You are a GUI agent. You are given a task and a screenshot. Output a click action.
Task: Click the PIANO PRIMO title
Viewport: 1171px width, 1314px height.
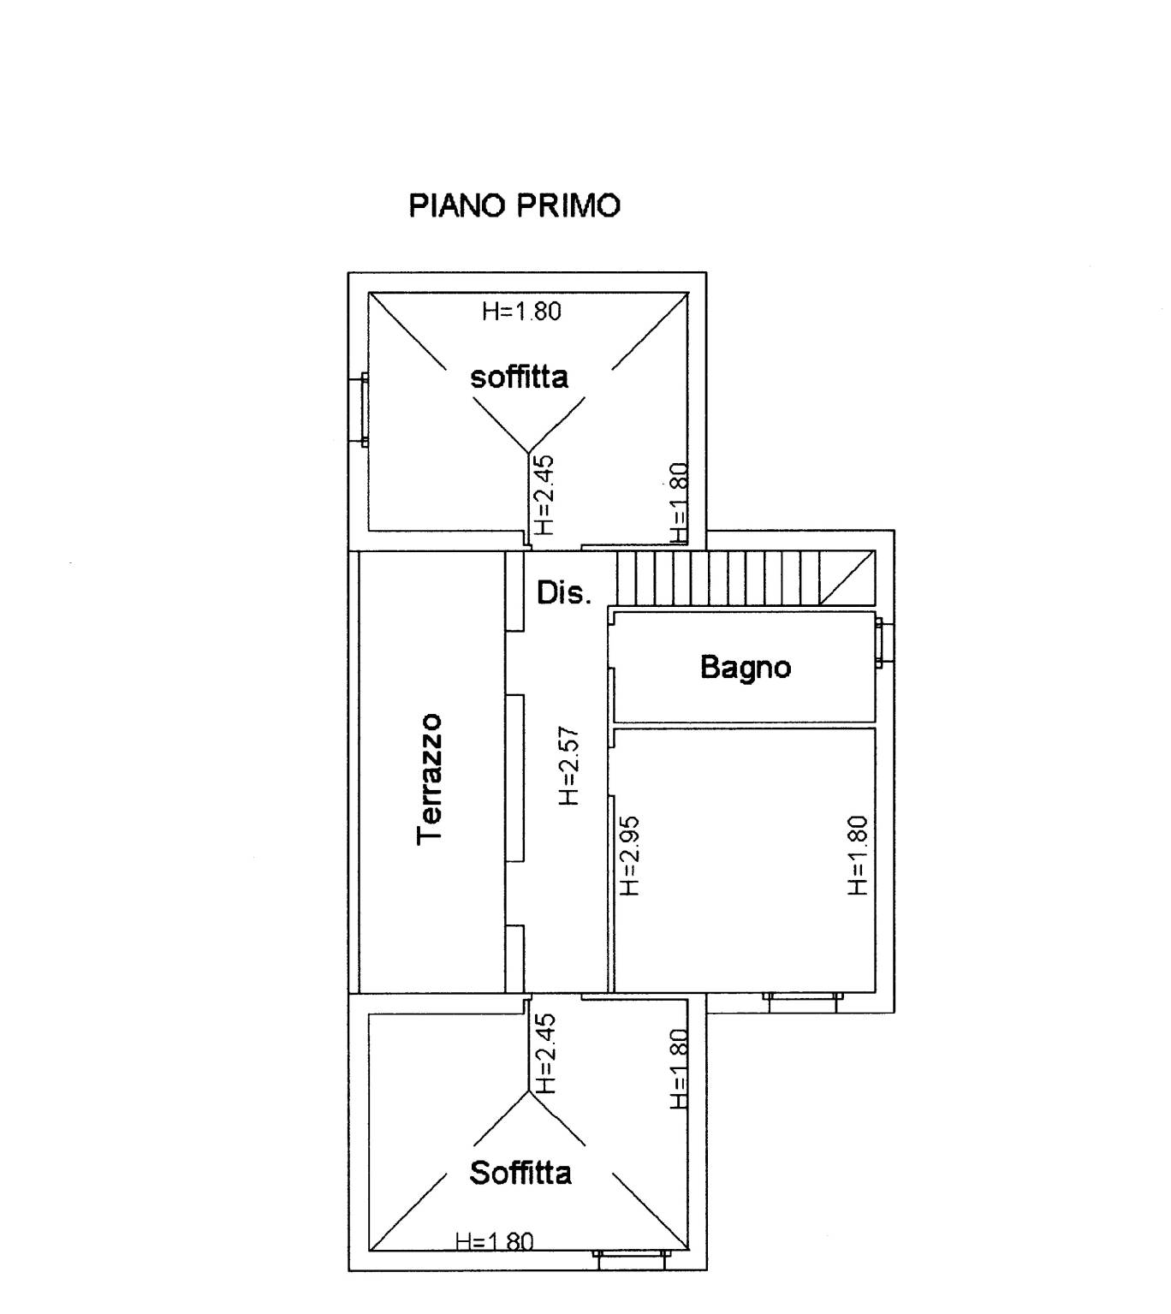[x=514, y=206]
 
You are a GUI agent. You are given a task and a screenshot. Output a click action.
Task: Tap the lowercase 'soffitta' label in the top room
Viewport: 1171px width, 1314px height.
[x=519, y=377]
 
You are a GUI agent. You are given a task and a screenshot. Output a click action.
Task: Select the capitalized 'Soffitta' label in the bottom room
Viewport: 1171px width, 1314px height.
[x=520, y=1172]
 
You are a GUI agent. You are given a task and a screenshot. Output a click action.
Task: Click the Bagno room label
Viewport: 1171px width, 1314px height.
[x=746, y=667]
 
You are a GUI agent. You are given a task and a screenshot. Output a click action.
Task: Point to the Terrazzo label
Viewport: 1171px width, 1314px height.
[x=430, y=779]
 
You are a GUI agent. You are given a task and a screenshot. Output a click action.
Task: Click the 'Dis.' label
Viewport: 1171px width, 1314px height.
[x=563, y=592]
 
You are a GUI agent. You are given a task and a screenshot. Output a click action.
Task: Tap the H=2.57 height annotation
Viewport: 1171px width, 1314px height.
[x=569, y=766]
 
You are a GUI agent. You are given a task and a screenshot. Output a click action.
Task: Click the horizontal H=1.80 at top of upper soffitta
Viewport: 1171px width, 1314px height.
[x=521, y=311]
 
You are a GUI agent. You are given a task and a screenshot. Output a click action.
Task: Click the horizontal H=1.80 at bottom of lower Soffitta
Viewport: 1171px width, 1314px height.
[x=495, y=1241]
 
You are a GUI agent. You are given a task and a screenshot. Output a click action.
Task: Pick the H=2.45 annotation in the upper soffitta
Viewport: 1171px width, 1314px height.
[x=544, y=495]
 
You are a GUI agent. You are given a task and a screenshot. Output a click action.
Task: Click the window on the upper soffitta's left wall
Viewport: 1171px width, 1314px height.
[x=365, y=409]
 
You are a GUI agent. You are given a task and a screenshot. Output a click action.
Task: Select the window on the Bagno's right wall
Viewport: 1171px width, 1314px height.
[x=882, y=644]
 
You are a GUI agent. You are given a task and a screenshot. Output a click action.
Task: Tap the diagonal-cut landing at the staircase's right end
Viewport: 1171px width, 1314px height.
[x=847, y=578]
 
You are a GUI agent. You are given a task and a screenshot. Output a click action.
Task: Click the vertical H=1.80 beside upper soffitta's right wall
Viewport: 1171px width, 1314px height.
[x=678, y=503]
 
